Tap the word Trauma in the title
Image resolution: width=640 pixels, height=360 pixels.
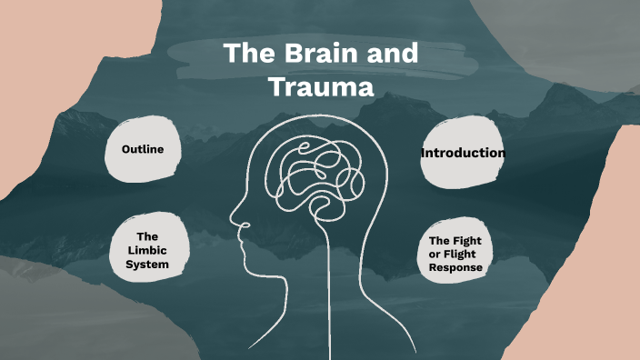tap(322, 87)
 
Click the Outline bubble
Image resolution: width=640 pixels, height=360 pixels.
tap(142, 148)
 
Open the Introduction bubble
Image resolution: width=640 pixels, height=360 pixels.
tap(462, 153)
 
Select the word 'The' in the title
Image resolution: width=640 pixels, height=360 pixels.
tap(245, 54)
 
